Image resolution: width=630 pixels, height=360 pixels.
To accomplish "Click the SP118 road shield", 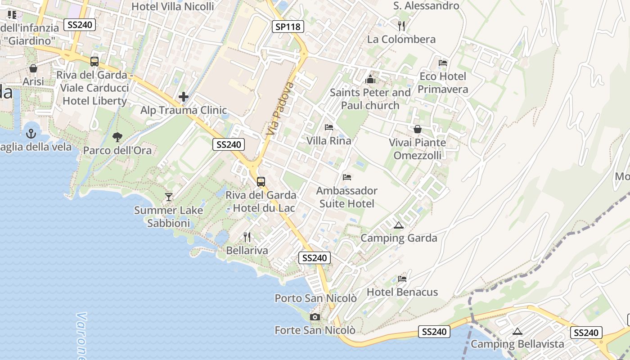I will point(288,27).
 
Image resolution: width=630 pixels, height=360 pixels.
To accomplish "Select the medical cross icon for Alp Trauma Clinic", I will point(183,97).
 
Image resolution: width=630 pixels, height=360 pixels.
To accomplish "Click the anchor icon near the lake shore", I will point(31,134).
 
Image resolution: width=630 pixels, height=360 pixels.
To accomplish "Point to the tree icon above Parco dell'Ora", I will point(117,137).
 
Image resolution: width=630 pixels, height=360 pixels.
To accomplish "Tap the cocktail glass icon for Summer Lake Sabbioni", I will point(169,197).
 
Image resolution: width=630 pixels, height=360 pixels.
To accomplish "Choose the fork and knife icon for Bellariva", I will point(247,237).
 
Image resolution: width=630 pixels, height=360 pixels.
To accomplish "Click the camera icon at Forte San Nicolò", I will point(315,317).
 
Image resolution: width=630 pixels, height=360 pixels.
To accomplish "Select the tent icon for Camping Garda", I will point(398,225).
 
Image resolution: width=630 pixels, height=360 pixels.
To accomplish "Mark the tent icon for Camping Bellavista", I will point(517,332).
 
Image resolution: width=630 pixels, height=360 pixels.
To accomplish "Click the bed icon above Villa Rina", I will point(329,127).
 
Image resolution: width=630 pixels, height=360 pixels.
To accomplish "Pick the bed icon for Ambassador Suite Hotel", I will point(346,177).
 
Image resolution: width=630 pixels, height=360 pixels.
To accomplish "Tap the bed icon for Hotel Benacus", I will point(402,279).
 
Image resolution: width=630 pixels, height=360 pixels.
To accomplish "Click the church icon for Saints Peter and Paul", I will point(370,80).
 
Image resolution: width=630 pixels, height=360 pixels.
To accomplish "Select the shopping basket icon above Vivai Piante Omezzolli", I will point(418,130).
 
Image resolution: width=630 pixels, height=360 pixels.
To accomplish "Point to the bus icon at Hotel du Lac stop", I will point(261,182).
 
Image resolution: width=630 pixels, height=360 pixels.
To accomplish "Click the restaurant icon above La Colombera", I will point(402,26).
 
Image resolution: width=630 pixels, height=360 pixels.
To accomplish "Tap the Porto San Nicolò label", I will point(315,298).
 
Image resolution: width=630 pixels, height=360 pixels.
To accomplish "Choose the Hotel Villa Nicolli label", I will point(173,7).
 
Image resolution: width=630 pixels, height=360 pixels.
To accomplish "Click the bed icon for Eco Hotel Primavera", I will point(443,63).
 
